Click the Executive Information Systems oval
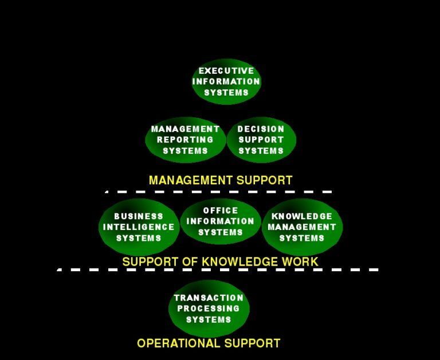click(x=226, y=82)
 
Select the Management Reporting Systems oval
click(x=185, y=140)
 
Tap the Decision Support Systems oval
click(x=261, y=140)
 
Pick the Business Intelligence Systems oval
click(x=139, y=227)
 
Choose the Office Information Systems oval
click(x=221, y=221)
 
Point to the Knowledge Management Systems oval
click(x=302, y=227)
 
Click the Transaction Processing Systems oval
click(x=209, y=308)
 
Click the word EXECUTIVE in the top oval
click(x=226, y=71)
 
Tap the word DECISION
click(x=261, y=129)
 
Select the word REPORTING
click(x=185, y=140)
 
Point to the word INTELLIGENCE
click(x=139, y=227)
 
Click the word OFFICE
click(x=221, y=211)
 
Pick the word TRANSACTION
click(x=209, y=298)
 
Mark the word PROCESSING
click(x=209, y=308)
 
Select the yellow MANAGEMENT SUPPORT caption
click(x=221, y=180)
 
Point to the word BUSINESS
click(x=139, y=216)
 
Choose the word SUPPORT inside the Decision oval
click(x=261, y=140)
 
